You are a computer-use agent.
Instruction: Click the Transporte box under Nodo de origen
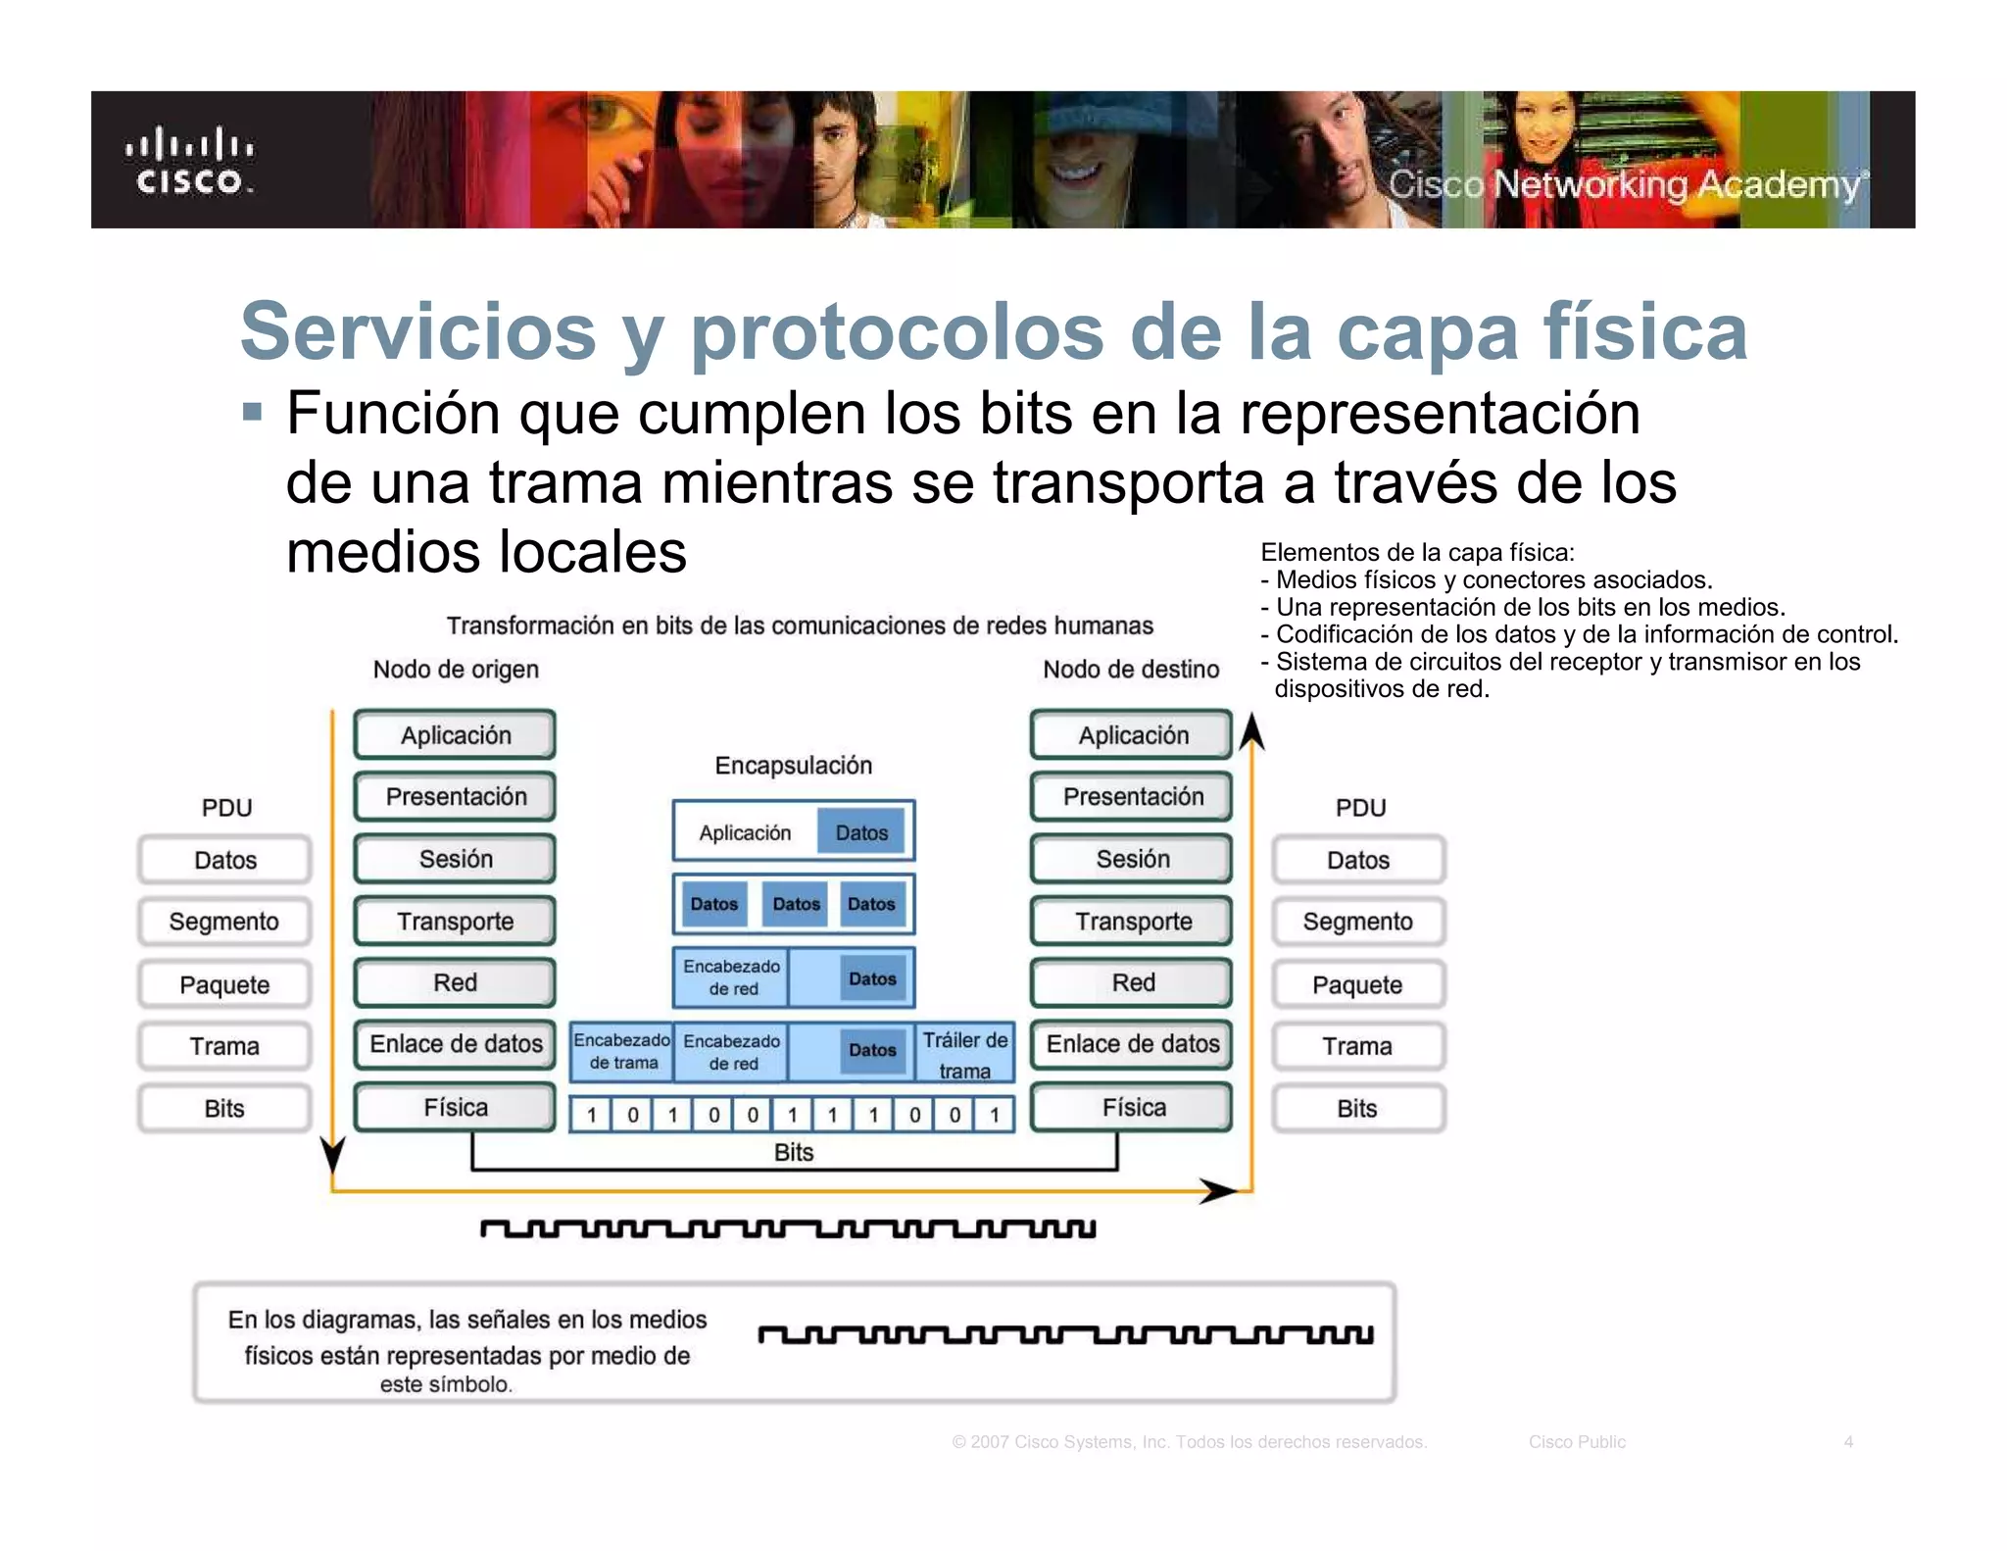[455, 922]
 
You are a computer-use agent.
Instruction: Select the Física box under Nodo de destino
[1133, 1108]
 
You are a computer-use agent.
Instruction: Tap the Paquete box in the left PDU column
[224, 984]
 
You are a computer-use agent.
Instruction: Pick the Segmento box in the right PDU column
[1357, 922]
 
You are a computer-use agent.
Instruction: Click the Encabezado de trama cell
[622, 1051]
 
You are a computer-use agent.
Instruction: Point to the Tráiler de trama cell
[964, 1054]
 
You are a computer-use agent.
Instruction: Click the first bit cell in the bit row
[592, 1115]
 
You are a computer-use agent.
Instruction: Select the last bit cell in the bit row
[994, 1115]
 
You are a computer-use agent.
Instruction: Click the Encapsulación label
[793, 766]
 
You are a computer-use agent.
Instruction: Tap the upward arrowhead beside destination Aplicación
[1251, 733]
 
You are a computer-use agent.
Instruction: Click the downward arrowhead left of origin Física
[333, 1154]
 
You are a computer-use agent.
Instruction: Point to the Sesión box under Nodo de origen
[455, 859]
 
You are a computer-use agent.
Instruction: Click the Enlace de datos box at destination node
[1133, 1044]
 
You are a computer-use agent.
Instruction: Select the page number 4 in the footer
[1848, 1442]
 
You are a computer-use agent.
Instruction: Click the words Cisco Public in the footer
[1577, 1442]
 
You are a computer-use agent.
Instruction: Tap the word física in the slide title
[1645, 331]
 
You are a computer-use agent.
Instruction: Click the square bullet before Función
[253, 411]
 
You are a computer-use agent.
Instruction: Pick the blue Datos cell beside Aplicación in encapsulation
[861, 832]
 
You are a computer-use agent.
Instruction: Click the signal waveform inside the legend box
[1066, 1335]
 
